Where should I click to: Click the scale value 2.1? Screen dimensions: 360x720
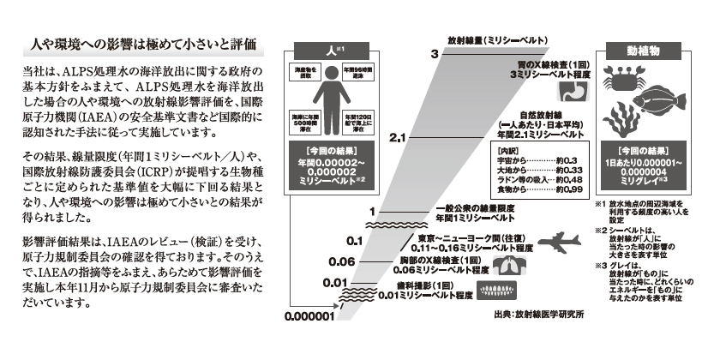[395, 137]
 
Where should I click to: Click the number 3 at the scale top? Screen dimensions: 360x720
[435, 54]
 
